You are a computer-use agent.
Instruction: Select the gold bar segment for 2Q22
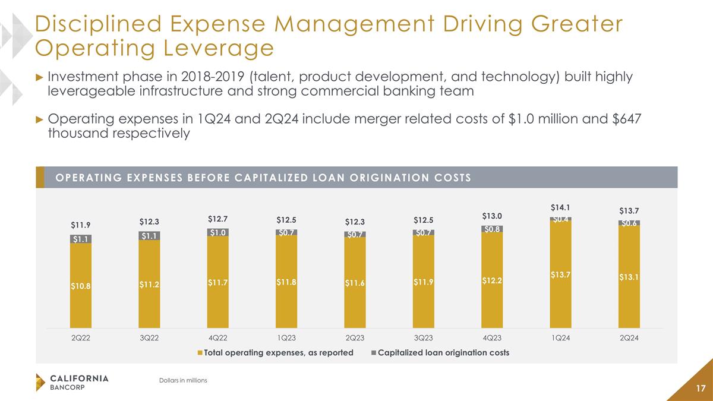[x=81, y=285]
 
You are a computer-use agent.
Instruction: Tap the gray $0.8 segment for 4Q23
[x=492, y=228]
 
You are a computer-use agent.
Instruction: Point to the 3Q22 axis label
[x=149, y=337]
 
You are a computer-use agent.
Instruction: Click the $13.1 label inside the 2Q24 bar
[x=629, y=277]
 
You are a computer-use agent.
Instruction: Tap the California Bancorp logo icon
[x=40, y=382]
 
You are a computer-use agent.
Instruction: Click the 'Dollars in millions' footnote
[x=179, y=380]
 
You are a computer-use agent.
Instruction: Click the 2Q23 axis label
[x=355, y=337]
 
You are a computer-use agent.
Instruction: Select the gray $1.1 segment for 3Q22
[x=149, y=236]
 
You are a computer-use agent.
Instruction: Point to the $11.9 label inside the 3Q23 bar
[x=423, y=282]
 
